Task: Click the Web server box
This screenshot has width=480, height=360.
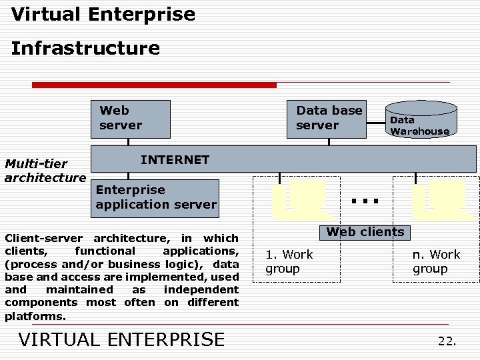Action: (130, 119)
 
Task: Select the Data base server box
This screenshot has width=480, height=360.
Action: (328, 119)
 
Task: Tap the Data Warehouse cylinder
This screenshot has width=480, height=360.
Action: (420, 120)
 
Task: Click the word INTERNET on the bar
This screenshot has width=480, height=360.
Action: (175, 160)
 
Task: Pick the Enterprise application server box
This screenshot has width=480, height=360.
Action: (155, 197)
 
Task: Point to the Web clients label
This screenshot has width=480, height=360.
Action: (365, 232)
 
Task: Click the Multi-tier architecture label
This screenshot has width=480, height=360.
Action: (45, 171)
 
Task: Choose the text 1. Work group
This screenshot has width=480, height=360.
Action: (289, 261)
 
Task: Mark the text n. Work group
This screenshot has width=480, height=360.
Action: (436, 261)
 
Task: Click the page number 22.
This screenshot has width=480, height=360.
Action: (447, 341)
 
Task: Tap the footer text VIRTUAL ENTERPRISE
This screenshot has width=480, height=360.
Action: (122, 339)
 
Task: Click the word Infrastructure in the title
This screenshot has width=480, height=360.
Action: (85, 48)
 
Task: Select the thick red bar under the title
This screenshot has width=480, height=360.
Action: (154, 85)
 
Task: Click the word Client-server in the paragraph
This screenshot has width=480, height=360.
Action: (43, 238)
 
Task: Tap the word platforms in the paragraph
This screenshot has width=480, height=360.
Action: (34, 316)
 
